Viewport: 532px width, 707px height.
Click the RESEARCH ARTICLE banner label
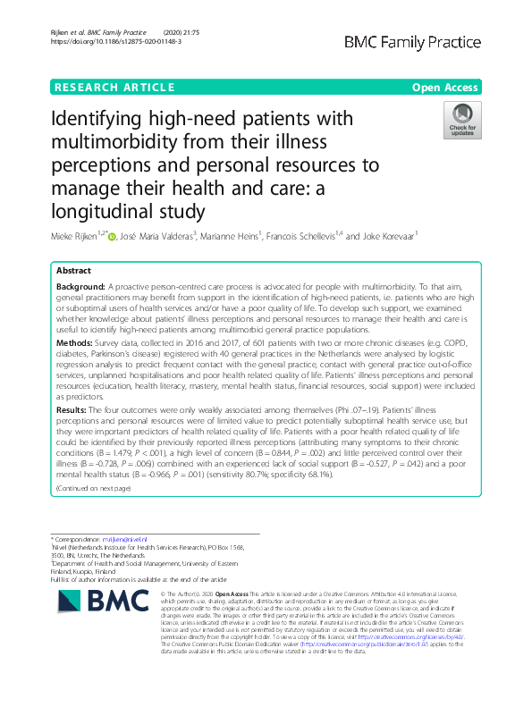point(114,87)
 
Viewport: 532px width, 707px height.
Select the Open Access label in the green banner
point(446,87)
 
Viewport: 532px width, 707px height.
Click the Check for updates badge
point(462,120)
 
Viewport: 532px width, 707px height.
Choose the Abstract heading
point(74,271)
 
